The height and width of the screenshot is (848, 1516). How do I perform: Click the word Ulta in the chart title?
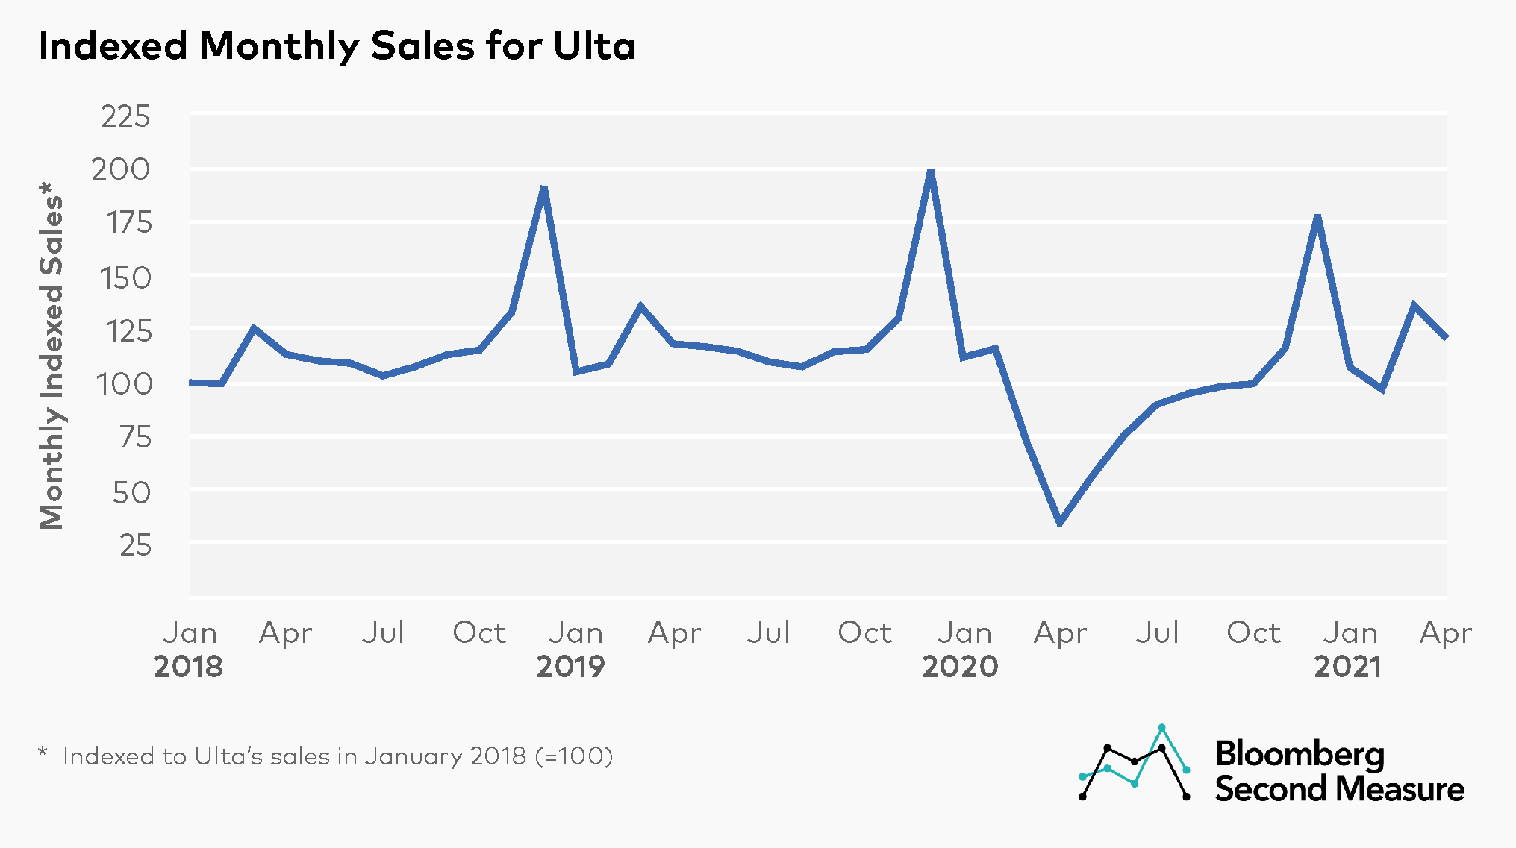point(594,46)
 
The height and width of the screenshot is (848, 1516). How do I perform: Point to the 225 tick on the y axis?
point(125,117)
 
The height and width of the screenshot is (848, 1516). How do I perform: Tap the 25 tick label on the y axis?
point(135,546)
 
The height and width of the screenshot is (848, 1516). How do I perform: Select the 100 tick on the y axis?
point(124,384)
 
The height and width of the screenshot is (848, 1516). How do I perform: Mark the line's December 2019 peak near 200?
point(930,172)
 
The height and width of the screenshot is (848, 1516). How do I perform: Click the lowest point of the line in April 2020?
point(1060,522)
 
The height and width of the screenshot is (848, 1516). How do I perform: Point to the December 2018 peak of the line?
point(544,188)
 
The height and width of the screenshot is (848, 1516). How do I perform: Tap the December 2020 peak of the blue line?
point(1317,217)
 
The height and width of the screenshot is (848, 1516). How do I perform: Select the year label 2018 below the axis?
point(188,667)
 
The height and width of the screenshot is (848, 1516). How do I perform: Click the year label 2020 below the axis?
point(960,667)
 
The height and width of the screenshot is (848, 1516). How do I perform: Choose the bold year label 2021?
point(1348,667)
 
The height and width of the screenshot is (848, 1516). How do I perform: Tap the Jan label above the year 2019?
point(575,633)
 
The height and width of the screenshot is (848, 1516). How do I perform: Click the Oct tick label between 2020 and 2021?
point(1253,633)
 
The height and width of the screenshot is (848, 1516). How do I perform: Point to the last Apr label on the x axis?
point(1446,633)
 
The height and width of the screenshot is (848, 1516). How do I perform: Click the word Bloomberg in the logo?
point(1300,755)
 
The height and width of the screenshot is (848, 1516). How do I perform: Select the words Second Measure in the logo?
point(1339,789)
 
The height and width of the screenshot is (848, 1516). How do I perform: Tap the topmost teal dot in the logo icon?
point(1161,727)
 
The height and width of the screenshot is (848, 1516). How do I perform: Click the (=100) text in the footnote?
point(574,756)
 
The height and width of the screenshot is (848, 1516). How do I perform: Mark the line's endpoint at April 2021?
point(1445,337)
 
